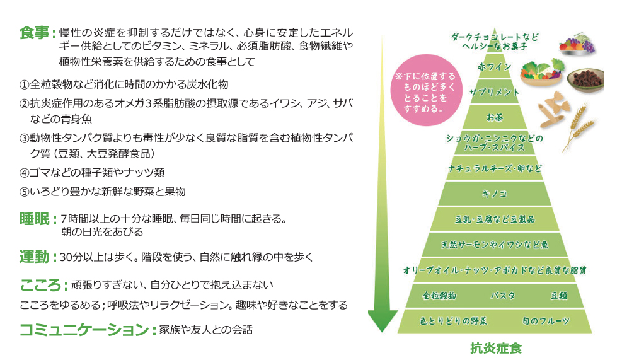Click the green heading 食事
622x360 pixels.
tap(35, 33)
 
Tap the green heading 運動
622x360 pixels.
tap(35, 257)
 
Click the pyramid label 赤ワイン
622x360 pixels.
tap(494, 66)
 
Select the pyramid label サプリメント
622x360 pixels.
tap(494, 92)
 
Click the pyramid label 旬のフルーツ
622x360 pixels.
tap(546, 321)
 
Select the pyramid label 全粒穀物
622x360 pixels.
tap(439, 295)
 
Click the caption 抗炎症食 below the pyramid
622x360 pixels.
tap(495, 347)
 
